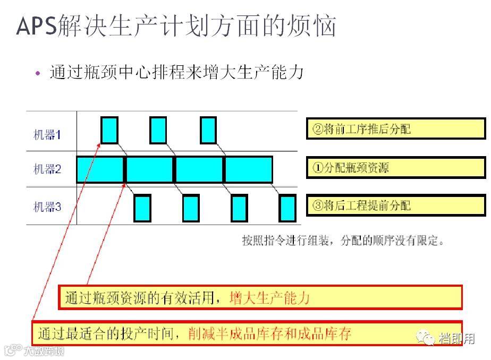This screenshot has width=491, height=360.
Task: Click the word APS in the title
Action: pos(36,26)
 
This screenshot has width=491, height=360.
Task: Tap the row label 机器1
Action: pos(47,135)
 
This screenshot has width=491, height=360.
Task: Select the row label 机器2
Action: pos(47,170)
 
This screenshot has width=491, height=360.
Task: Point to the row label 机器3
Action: pos(47,207)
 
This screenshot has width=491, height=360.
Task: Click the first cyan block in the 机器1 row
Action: pos(109,130)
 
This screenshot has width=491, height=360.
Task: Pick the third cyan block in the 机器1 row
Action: pos(208,130)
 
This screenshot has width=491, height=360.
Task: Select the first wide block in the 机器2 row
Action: pos(100,169)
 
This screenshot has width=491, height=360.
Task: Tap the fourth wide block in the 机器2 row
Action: pos(249,169)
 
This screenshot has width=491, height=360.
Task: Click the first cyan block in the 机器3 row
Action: pos(142,208)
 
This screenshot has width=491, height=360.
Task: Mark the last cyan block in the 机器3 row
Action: pos(287,208)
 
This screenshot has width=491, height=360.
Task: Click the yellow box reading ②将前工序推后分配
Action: pos(395,129)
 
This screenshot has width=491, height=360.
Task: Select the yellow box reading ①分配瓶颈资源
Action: pos(395,168)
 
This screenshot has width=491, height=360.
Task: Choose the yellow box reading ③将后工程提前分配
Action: pos(395,205)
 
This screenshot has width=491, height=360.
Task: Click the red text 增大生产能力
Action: pos(269,297)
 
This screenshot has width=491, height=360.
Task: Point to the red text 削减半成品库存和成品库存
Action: pos(270,333)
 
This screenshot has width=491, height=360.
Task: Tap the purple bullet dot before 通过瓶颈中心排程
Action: pos(37,73)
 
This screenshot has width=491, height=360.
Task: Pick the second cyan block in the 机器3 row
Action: pos(191,208)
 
